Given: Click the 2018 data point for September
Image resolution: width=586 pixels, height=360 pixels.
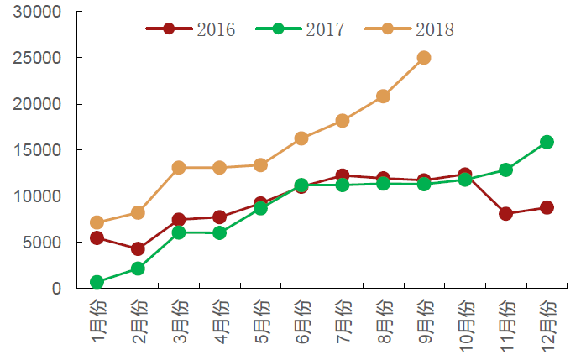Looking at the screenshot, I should tap(424, 58).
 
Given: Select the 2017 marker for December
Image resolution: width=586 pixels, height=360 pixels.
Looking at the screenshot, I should tap(547, 142).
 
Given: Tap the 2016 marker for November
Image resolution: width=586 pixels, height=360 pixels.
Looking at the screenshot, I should tap(505, 214).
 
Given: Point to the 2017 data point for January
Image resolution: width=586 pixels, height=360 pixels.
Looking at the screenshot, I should tap(97, 282).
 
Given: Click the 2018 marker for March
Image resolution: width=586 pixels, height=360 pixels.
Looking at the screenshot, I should tap(179, 168).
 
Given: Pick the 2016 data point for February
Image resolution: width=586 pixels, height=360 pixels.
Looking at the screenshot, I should tap(138, 249).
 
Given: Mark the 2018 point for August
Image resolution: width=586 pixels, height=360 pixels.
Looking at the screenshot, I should tap(383, 96).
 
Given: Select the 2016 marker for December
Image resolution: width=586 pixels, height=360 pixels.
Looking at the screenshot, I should tap(547, 207).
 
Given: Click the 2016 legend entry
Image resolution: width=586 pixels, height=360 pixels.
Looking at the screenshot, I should tap(191, 29).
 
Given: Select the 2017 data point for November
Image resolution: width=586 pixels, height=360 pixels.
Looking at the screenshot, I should tap(505, 170).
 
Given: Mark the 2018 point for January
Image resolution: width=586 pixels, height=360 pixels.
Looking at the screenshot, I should tap(97, 223).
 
